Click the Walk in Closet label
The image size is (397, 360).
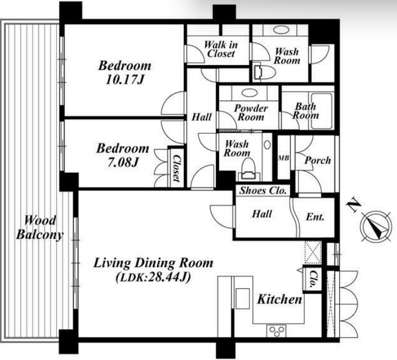[221, 49]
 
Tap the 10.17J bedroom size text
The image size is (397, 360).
[124, 80]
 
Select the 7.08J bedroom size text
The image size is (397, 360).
[123, 163]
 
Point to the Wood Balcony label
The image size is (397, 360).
[40, 227]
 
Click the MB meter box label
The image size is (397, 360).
[284, 158]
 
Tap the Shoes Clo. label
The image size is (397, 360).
[263, 190]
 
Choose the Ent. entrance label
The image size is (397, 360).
[315, 217]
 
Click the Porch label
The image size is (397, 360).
[318, 160]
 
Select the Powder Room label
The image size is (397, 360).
[251, 112]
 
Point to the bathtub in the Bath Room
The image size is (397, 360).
[322, 111]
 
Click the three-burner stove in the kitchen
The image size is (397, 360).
[276, 331]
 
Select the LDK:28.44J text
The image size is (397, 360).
[153, 278]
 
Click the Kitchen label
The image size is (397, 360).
[280, 299]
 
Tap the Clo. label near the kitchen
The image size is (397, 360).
[313, 279]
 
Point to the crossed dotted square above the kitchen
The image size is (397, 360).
[313, 253]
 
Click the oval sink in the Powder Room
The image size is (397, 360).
[249, 93]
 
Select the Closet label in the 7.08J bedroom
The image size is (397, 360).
[176, 168]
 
